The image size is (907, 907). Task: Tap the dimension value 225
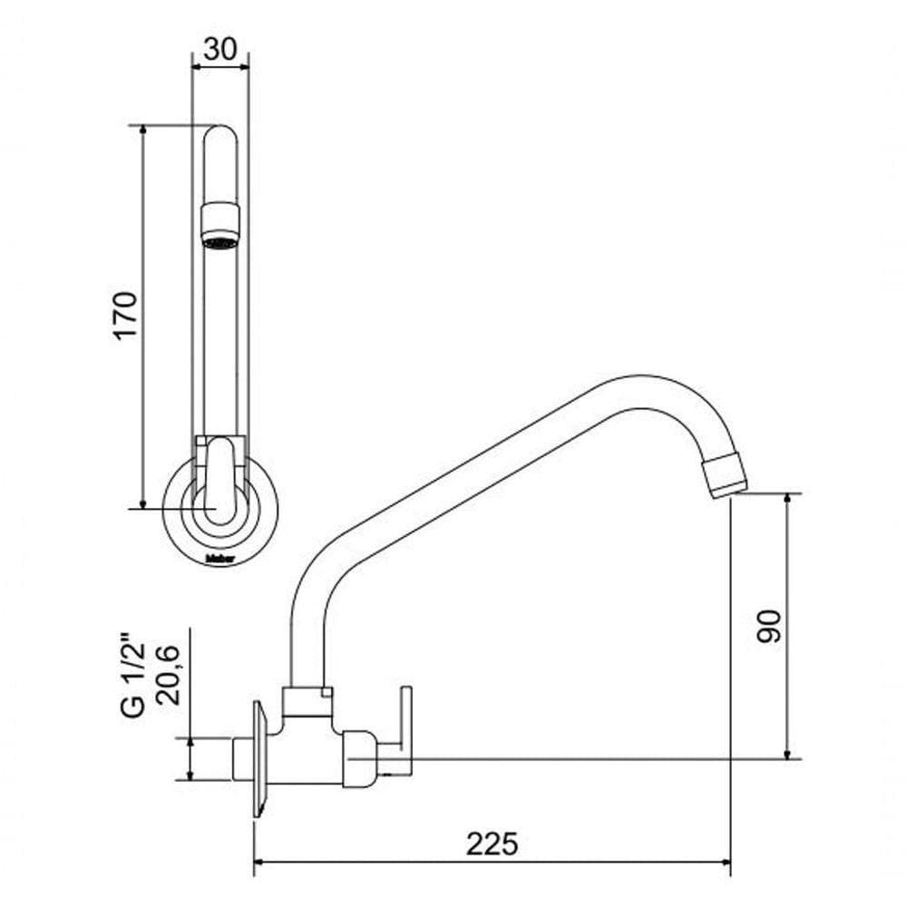pyautogui.click(x=493, y=844)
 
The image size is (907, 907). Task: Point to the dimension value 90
pyautogui.click(x=768, y=626)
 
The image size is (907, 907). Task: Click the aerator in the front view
pyautogui.click(x=219, y=226)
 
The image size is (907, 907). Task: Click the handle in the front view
pyautogui.click(x=219, y=476)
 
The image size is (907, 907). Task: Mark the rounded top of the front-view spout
pyautogui.click(x=219, y=136)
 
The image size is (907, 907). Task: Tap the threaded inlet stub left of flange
pyautogui.click(x=242, y=758)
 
